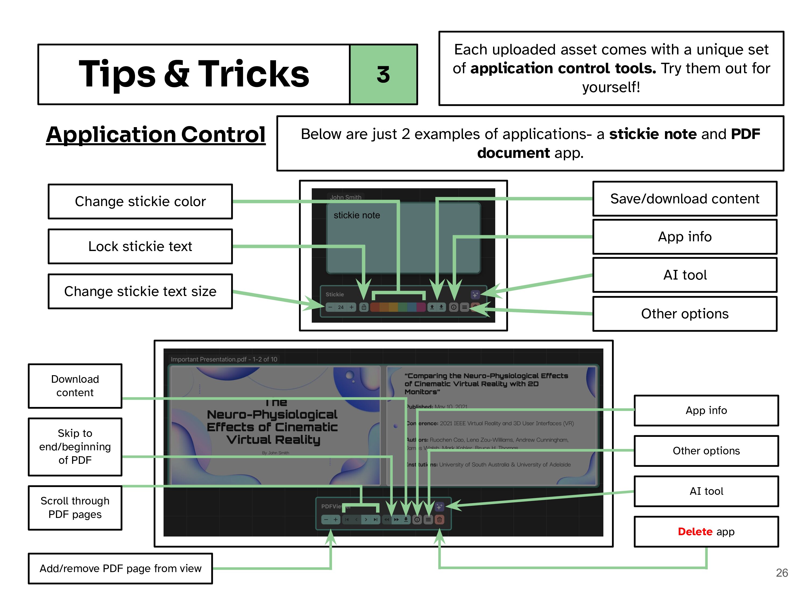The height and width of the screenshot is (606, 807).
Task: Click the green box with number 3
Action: pos(383,75)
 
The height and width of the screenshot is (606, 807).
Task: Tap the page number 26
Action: pos(781,572)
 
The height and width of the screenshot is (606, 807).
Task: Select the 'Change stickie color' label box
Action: pos(140,201)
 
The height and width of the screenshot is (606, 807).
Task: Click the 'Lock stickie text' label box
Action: pos(140,246)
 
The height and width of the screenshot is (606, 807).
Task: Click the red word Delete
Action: pos(695,531)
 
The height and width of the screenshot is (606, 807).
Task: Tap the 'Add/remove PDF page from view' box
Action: pos(121,568)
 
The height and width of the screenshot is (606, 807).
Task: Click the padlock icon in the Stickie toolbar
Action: pos(364,307)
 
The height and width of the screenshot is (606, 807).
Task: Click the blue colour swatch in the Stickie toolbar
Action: pos(412,307)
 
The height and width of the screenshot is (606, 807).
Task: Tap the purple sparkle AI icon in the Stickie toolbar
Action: pos(475,294)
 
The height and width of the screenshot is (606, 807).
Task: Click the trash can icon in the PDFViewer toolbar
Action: pos(440,520)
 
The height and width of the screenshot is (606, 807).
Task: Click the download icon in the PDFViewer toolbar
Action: pos(406,520)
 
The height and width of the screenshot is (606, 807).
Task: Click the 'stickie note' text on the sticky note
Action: pos(356,215)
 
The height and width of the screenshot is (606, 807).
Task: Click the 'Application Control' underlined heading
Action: pos(156,134)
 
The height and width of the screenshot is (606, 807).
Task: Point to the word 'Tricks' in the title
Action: pos(254,74)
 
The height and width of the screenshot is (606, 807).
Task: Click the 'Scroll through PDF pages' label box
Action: pos(75,507)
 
